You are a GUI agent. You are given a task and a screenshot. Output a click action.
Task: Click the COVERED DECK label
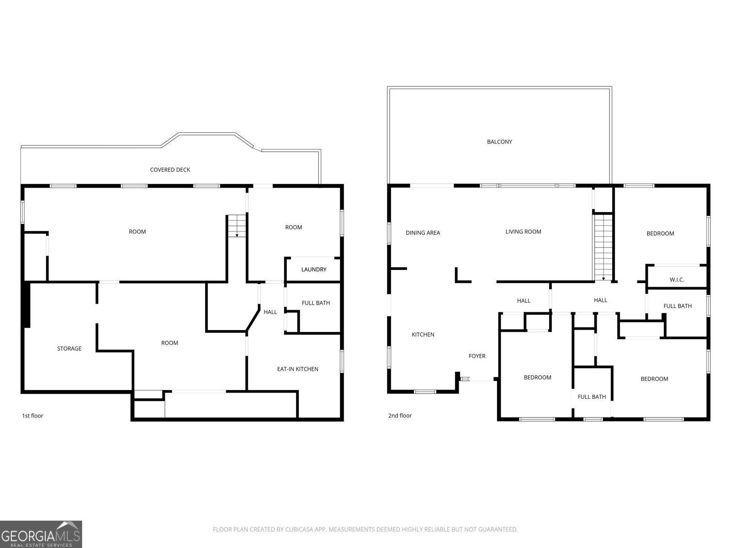[x=170, y=170]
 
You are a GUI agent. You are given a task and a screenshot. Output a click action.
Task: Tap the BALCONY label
[x=499, y=142]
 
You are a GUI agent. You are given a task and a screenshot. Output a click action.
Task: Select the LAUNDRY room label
[x=314, y=269]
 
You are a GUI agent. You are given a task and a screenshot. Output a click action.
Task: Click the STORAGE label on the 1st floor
[x=69, y=348]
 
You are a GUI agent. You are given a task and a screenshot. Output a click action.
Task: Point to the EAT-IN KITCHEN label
[x=297, y=369]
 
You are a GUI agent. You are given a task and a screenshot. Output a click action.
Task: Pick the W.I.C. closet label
[x=677, y=280]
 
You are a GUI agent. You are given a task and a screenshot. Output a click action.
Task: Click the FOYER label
[x=477, y=356]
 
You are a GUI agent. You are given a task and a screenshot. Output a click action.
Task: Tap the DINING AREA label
[x=423, y=233]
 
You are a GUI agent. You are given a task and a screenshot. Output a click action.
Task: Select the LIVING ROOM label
[x=523, y=232]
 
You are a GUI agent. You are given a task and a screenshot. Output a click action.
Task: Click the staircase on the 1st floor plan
[x=237, y=226]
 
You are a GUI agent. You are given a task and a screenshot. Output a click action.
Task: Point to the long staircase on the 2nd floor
[x=603, y=247]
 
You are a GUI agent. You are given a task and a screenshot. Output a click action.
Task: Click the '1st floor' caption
[x=32, y=416]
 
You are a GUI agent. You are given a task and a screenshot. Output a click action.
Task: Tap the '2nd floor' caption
[x=400, y=416]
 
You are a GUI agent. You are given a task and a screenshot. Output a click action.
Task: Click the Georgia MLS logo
[x=41, y=534]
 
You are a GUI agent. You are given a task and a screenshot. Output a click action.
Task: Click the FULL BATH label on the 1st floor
[x=316, y=303]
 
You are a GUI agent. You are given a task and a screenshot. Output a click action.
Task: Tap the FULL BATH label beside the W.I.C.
[x=678, y=306]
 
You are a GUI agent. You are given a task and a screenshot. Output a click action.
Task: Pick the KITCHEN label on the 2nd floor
[x=423, y=335]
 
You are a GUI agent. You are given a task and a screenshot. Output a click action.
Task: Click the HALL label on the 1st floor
[x=270, y=312]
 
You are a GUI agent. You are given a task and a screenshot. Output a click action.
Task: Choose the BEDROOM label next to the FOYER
[x=537, y=378]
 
